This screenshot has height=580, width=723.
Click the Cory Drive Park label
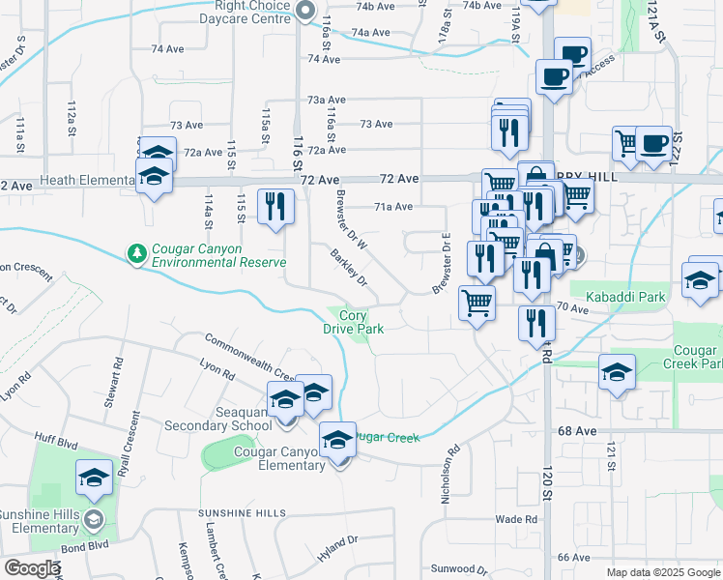pyautogui.click(x=353, y=322)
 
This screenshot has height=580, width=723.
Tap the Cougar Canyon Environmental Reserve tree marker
pyautogui.click(x=137, y=254)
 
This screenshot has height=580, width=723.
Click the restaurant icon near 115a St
pyautogui.click(x=275, y=207)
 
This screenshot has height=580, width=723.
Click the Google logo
pyautogui.click(x=31, y=568)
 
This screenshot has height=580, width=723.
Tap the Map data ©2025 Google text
pyautogui.click(x=662, y=572)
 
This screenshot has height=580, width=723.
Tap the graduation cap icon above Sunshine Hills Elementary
pyautogui.click(x=94, y=477)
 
